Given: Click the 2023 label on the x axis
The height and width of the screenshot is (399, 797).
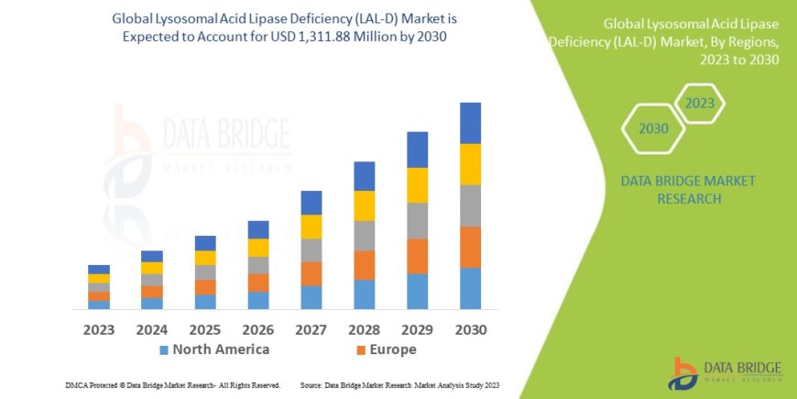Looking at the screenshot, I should click(x=99, y=328).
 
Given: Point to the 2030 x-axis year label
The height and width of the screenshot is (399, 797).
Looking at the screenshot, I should click(x=470, y=328).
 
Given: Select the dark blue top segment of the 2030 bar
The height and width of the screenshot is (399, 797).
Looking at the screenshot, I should click(x=470, y=123).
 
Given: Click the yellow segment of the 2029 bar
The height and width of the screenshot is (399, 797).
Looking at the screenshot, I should click(x=417, y=185).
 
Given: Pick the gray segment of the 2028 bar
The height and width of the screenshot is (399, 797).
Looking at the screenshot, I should click(x=364, y=236).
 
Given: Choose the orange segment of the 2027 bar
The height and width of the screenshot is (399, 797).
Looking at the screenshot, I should click(x=311, y=273).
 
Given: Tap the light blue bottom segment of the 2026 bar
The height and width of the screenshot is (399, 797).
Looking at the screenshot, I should click(x=258, y=300).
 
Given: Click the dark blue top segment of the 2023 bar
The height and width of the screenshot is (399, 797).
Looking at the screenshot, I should click(x=99, y=269).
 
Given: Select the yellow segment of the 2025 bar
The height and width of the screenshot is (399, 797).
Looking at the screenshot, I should click(x=205, y=258).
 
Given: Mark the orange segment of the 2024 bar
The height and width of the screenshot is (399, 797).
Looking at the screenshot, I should click(x=152, y=292).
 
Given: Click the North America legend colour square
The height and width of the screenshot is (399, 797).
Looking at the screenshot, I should click(x=164, y=350).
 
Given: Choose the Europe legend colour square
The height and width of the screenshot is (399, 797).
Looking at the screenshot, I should click(x=361, y=350).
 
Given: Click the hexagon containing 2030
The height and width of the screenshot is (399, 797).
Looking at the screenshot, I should click(x=653, y=129).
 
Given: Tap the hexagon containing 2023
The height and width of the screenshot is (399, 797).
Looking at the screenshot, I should click(x=699, y=103).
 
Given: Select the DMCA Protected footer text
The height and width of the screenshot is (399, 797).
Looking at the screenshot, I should click(x=173, y=385).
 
